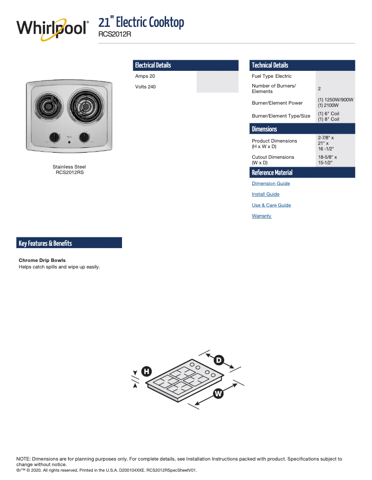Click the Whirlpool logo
tap(52, 29)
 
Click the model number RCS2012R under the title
tap(115, 34)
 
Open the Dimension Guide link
tap(271, 184)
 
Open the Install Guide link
tap(266, 194)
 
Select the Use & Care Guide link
tap(271, 206)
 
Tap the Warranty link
tap(262, 216)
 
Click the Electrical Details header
tap(153, 65)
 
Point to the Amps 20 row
tap(145, 76)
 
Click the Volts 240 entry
tap(146, 87)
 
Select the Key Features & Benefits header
tap(45, 243)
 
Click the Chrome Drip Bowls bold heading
tap(42, 261)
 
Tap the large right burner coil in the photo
tap(85, 108)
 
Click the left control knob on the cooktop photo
tap(55, 137)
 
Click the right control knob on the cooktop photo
tap(84, 137)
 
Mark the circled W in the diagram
tap(218, 393)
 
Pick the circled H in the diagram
tap(146, 371)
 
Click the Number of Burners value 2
tap(319, 89)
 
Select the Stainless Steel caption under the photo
tap(69, 167)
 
